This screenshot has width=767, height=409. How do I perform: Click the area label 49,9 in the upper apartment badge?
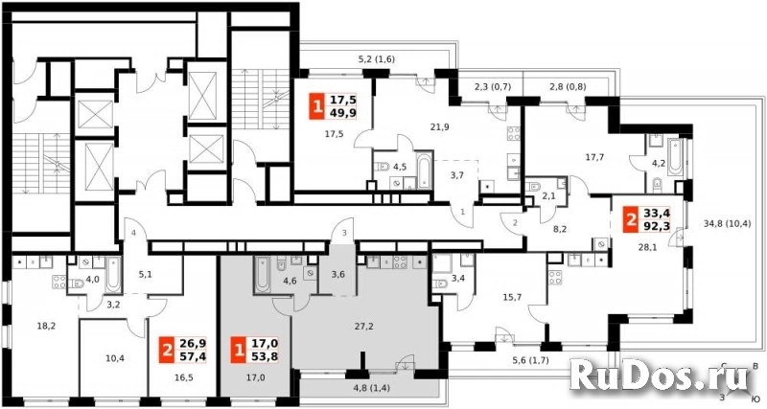343,113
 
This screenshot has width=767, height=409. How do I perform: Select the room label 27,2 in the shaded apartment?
364,326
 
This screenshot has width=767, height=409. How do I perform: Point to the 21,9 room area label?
441,127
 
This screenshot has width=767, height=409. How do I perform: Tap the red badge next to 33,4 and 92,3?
632,219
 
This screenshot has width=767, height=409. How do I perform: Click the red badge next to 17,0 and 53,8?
239,351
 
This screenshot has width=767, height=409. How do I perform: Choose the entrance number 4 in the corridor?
132,234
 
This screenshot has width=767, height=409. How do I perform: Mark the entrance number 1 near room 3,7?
463,211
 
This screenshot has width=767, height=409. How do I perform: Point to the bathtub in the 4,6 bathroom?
262,274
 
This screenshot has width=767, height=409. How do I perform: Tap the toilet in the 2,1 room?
535,187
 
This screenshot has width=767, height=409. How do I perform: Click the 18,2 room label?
46,326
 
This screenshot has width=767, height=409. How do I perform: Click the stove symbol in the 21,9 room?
513,133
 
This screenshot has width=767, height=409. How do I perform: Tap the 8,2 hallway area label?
561,227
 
